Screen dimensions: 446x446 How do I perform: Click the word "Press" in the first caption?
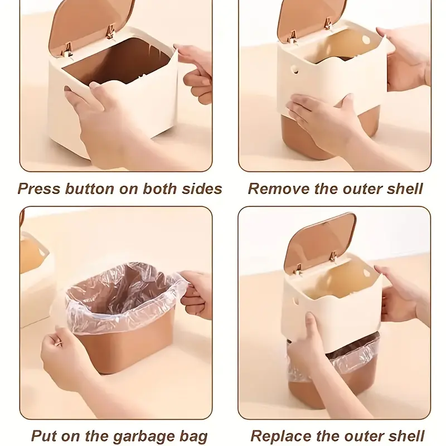(x=39, y=188)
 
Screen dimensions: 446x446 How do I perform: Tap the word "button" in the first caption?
(x=90, y=188)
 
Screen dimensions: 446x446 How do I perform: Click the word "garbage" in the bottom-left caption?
(x=147, y=437)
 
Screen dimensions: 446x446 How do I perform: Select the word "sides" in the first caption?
(x=202, y=188)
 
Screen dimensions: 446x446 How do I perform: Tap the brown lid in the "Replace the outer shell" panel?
(x=318, y=240)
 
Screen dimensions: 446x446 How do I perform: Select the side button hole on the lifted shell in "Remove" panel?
(x=295, y=69)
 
